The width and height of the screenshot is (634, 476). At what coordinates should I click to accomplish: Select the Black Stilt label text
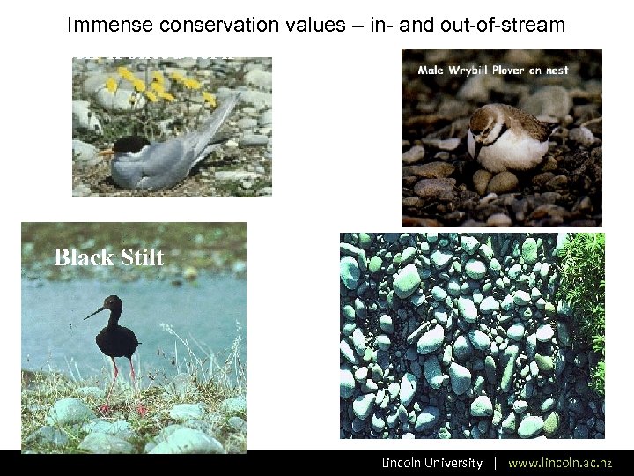108,257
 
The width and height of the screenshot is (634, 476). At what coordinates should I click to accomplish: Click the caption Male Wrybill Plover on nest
492,70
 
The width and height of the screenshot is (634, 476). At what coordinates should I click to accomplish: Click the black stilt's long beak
95,312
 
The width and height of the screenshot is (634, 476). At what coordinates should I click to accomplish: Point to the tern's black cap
130,144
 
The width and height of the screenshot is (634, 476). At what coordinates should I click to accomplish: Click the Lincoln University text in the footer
431,463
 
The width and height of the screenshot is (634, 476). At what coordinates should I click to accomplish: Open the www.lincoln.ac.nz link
560,463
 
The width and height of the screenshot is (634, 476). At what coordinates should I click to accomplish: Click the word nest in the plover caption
557,70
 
